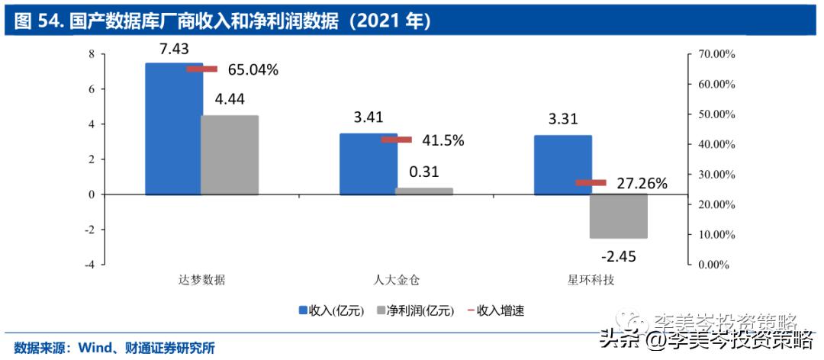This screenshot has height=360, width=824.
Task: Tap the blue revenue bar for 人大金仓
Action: coord(368,164)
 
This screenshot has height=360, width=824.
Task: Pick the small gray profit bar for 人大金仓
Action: coord(424,191)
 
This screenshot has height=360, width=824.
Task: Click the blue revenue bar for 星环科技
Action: coord(562,165)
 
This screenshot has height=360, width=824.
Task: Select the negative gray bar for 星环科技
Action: coord(619,216)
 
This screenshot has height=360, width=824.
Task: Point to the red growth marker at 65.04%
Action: coord(202,69)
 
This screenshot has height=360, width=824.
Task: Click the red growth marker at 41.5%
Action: coord(397,140)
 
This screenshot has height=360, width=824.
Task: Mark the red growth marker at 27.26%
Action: coord(591,183)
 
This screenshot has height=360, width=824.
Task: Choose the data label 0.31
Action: coord(424,172)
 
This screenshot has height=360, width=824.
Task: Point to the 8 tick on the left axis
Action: coord(91,54)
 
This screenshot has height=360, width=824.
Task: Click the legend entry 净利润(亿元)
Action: coord(415,310)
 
